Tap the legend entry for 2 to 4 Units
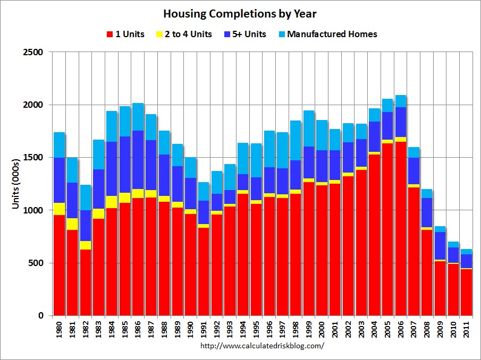coord(185,35)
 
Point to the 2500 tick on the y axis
coord(35,53)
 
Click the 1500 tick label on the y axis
coord(35,158)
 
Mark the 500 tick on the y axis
coord(37,263)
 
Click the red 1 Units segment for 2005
coord(388,228)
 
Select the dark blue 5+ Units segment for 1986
coord(138,160)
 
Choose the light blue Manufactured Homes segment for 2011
coord(467,252)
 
